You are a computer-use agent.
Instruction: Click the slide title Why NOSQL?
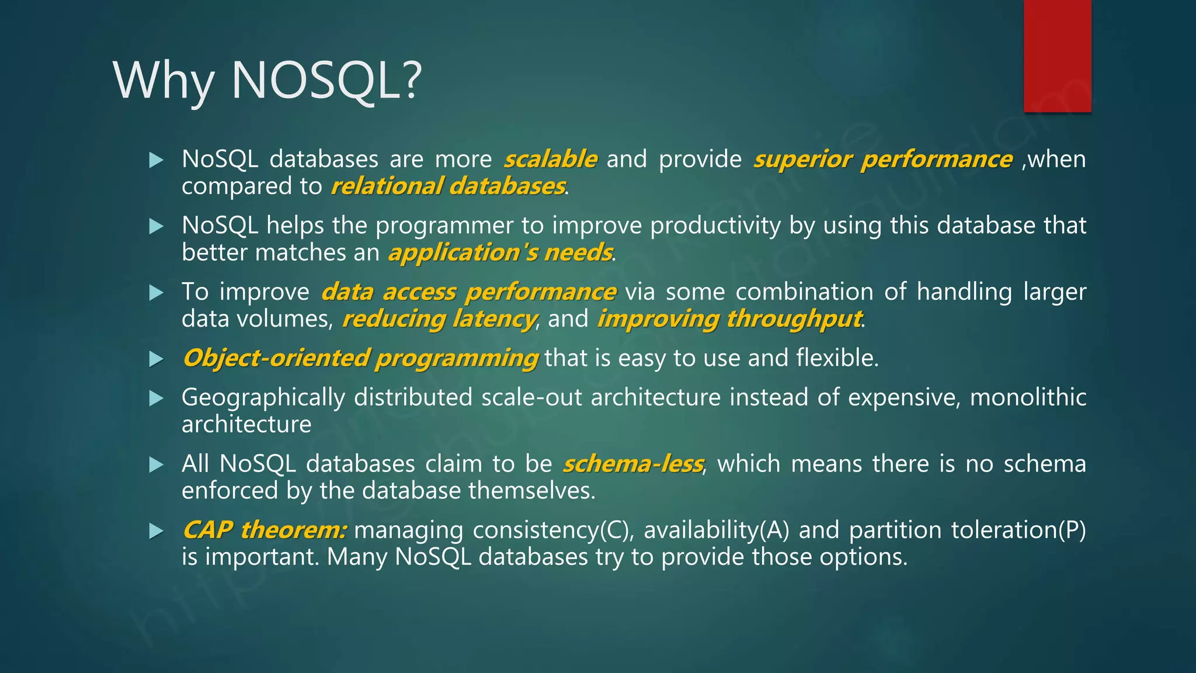[267, 80]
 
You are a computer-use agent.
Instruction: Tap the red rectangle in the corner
[1057, 55]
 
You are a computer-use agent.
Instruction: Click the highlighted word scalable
[550, 159]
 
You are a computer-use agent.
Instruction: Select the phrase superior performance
[882, 159]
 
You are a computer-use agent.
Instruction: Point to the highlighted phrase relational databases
[448, 186]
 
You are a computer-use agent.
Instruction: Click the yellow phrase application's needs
[500, 252]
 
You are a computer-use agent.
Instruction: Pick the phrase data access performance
[468, 292]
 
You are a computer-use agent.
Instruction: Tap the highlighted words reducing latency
[439, 319]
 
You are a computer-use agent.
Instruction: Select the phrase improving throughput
[729, 319]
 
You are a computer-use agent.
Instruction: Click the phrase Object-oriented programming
[360, 358]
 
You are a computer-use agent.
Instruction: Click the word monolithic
[1028, 397]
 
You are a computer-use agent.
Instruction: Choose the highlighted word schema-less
[632, 464]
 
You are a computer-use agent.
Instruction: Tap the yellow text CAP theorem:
[265, 530]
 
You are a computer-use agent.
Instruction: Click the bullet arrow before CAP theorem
[156, 531]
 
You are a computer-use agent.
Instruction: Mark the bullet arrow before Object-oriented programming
[156, 359]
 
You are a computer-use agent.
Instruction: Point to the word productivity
[715, 226]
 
